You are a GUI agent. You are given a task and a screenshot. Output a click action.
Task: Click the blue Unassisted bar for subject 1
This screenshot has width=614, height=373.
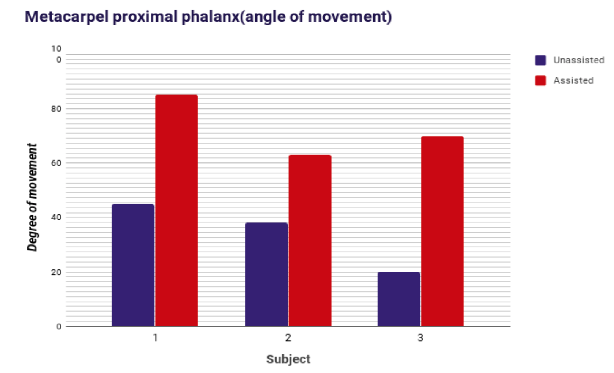coord(133,265)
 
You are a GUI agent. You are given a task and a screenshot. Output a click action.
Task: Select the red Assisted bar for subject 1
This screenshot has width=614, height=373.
coord(176,211)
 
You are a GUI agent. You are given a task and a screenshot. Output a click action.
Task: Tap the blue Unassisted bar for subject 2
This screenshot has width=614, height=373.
coord(266,274)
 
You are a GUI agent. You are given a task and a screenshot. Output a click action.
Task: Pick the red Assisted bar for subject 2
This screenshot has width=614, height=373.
coord(310,241)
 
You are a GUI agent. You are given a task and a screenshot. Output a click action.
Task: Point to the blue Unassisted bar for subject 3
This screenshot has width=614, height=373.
coord(399,299)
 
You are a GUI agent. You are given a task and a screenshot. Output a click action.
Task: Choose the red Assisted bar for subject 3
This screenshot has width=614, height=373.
coord(442,231)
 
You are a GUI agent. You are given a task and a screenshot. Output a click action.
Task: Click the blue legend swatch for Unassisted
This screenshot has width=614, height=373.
coord(540,60)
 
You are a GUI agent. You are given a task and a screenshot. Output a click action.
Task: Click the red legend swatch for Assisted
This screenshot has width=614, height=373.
coord(540,81)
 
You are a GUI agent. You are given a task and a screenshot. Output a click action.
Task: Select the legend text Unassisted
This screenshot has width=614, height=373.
coord(579,60)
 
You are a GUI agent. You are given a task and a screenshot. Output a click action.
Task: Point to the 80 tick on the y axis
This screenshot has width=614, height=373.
coord(56,109)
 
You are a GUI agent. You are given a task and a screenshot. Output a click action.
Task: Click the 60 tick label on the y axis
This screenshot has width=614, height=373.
coord(56,163)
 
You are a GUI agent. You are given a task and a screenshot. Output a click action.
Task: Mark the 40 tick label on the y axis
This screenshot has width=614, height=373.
coord(56,217)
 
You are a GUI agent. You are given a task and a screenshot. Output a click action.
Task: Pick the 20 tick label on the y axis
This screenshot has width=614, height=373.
coord(56,272)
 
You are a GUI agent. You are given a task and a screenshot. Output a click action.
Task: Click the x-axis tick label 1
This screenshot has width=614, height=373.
coord(156,338)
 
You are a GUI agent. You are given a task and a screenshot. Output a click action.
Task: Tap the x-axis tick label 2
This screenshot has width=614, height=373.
coord(288,338)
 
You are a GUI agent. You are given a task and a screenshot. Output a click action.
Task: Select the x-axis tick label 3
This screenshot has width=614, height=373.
coord(420,338)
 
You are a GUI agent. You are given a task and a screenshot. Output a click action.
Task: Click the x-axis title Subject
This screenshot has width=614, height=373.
coord(288,359)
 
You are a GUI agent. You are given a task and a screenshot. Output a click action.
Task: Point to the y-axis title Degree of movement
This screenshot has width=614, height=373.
coord(32,197)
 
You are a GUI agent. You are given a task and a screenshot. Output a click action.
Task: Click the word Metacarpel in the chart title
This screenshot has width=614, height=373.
coord(67,17)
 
